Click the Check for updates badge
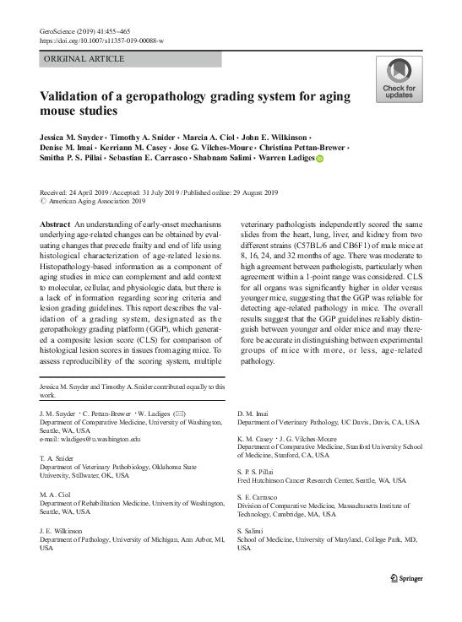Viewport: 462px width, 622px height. pos(399,79)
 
